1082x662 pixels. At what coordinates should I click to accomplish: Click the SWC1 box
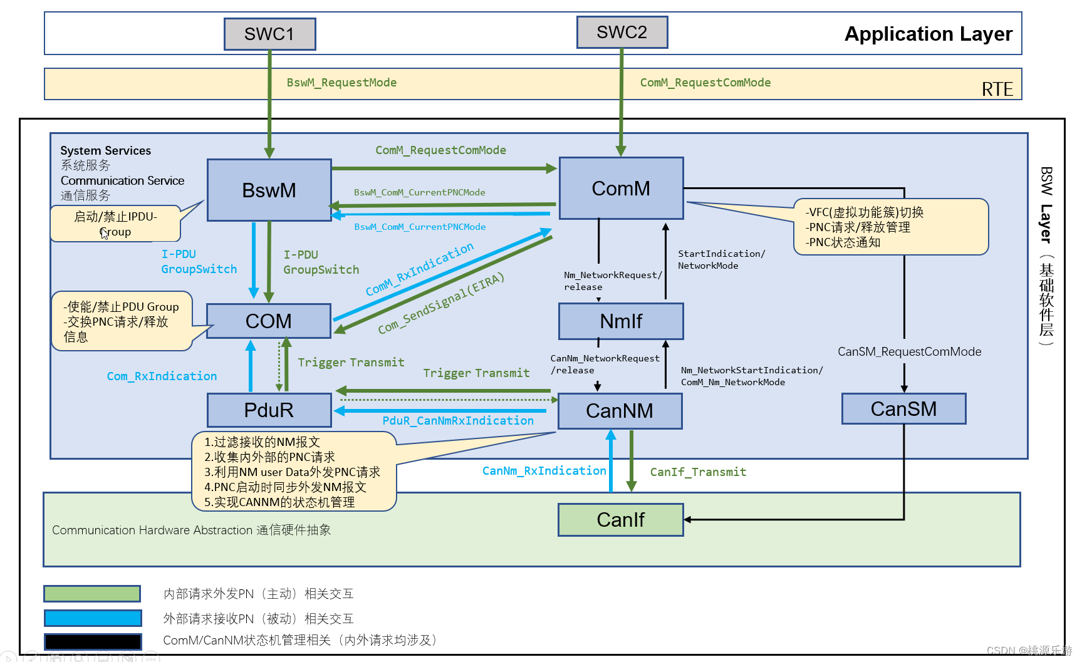pos(269,34)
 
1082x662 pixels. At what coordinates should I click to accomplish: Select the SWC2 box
pos(622,32)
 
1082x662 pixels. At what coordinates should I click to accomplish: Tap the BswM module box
pos(269,190)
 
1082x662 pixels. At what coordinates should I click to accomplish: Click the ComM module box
pos(621,188)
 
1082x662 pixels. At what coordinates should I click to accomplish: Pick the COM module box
pos(268,321)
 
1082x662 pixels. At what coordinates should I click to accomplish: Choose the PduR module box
pos(269,410)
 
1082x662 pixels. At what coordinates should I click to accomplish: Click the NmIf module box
pos(621,321)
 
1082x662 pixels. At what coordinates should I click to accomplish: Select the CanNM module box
pos(620,410)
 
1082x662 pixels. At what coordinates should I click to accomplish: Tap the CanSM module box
pos(903,408)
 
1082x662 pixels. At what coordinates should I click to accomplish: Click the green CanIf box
pos(620,519)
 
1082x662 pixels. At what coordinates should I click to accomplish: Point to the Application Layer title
pos(928,34)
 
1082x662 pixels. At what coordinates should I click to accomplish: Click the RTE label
pos(997,90)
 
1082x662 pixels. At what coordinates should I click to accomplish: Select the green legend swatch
pos(92,593)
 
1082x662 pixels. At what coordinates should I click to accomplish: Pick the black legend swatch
pos(92,641)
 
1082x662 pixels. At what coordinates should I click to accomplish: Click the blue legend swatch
pos(92,618)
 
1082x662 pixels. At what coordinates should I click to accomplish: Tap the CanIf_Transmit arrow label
pos(698,472)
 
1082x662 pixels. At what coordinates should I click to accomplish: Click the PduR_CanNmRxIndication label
pos(458,421)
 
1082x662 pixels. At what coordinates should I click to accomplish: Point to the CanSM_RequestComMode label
pos(909,351)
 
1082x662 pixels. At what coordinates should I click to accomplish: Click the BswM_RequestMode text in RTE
pos(341,83)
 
